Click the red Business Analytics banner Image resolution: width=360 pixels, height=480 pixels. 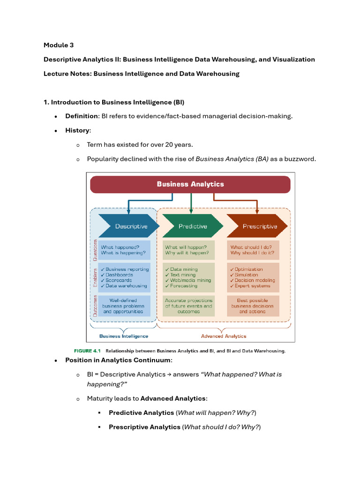[190, 184]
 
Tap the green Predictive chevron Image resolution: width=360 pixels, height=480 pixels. [192, 226]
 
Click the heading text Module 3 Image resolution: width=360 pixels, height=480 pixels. [59, 45]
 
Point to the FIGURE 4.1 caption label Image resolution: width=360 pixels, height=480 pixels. [88, 350]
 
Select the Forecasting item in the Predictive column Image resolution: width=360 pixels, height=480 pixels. [183, 286]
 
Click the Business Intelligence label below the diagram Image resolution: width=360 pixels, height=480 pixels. [124, 336]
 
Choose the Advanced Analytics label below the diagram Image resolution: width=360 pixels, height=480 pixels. [224, 336]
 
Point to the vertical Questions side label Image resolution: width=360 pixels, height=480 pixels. [95, 250]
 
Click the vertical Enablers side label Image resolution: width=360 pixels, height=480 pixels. [95, 277]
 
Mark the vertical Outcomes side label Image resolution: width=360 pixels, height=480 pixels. [95, 306]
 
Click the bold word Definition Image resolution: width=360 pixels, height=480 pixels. [82, 116]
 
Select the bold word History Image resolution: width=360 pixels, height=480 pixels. [77, 130]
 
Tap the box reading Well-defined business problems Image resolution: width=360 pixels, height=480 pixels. [124, 306]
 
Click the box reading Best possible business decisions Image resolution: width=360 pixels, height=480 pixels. [253, 306]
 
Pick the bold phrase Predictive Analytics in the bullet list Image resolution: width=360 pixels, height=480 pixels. [141, 413]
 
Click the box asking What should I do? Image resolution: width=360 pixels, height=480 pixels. [253, 250]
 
